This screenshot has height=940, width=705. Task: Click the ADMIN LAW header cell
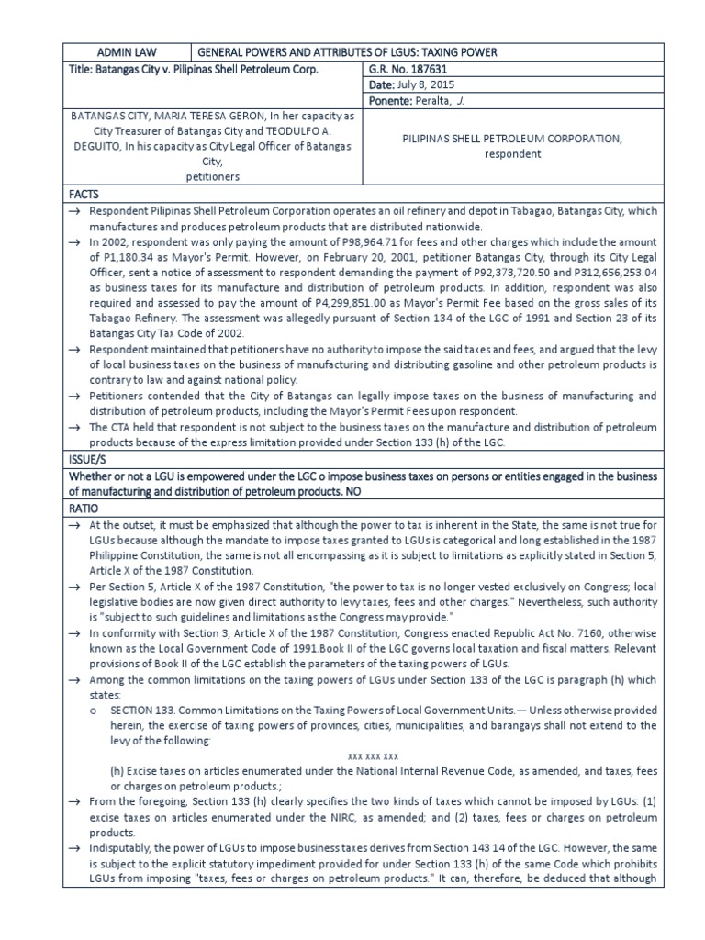point(127,52)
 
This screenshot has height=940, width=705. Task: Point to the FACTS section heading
point(84,196)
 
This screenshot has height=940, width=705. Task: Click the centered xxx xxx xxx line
point(372,756)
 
